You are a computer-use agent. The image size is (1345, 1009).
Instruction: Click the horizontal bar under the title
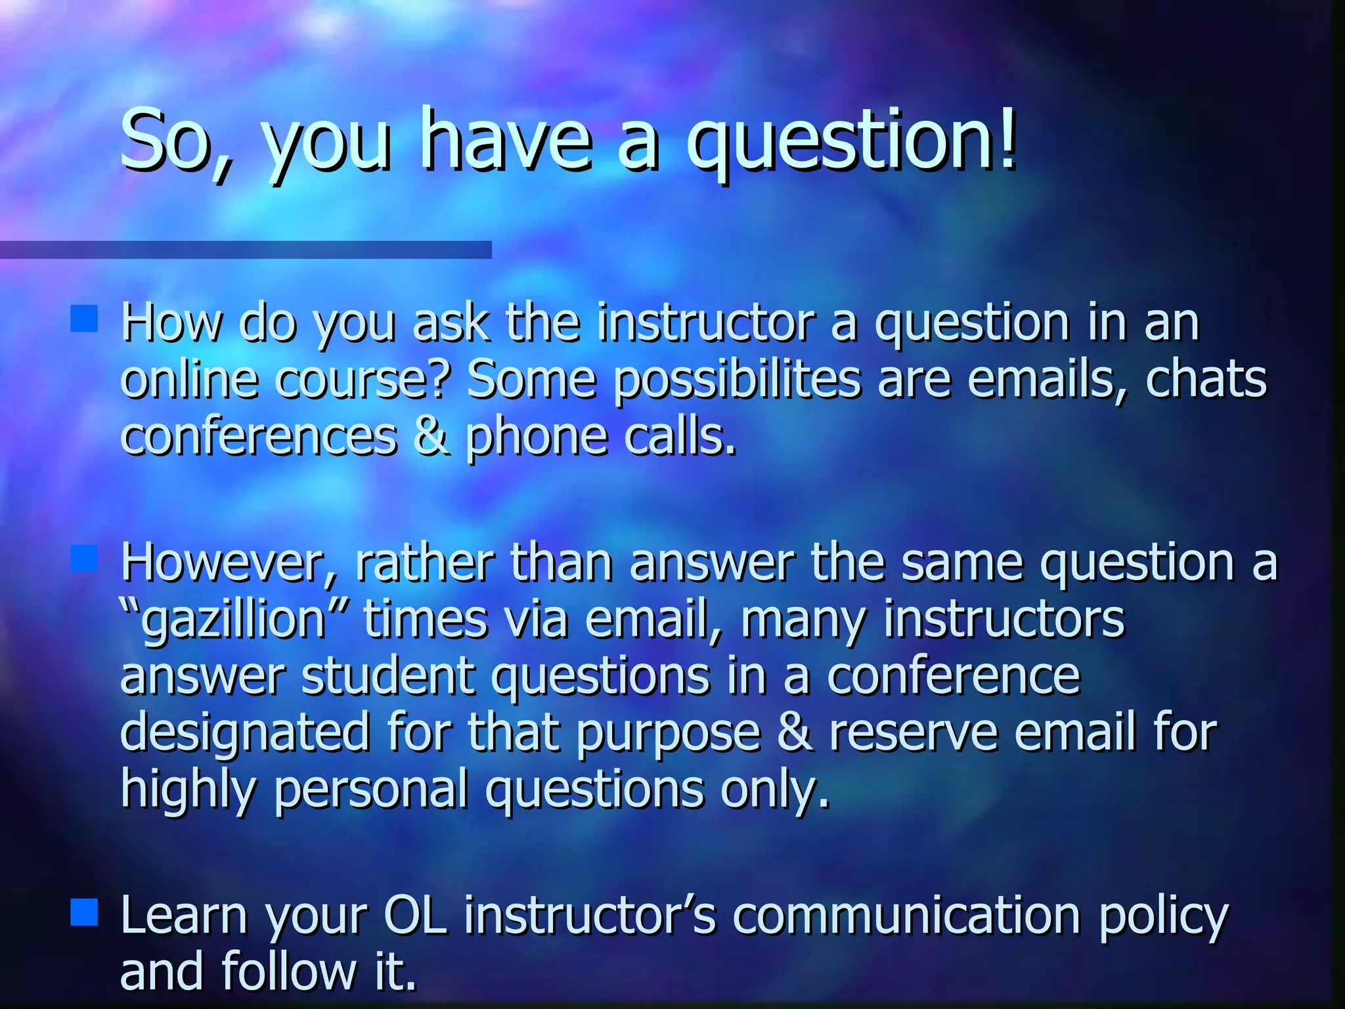point(245,250)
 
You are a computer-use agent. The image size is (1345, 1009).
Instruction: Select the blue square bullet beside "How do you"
point(84,319)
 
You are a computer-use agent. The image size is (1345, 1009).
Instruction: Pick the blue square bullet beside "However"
point(84,558)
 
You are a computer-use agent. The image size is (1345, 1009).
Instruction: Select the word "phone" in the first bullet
point(536,438)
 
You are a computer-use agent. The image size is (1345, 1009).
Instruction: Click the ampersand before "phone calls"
point(431,437)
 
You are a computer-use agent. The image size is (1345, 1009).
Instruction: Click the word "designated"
point(245,734)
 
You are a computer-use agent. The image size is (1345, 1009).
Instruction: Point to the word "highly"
point(187,791)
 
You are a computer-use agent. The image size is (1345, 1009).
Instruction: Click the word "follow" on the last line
point(289,971)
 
